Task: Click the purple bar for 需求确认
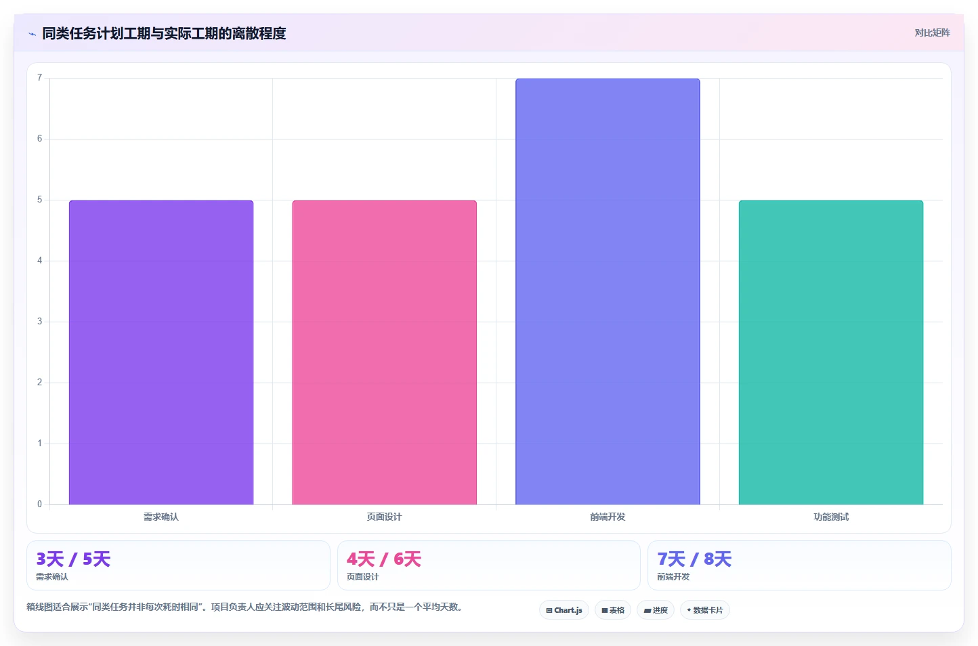click(x=161, y=353)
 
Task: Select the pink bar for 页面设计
click(x=384, y=353)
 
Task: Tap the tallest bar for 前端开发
click(x=608, y=292)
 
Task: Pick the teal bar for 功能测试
click(x=831, y=353)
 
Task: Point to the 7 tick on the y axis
click(x=40, y=78)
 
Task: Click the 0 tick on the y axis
click(x=40, y=504)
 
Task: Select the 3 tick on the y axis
click(x=40, y=321)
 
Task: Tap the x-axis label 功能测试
click(x=831, y=517)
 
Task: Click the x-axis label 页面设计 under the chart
click(x=384, y=517)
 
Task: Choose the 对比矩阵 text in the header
click(x=932, y=33)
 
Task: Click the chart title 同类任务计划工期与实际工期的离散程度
click(x=164, y=33)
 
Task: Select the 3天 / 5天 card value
click(x=73, y=559)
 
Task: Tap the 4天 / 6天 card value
click(x=384, y=559)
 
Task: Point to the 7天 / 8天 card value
click(x=694, y=559)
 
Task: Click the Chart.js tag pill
click(x=564, y=610)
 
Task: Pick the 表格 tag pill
click(x=613, y=610)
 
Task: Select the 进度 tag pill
click(x=656, y=610)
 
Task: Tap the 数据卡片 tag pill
click(x=705, y=610)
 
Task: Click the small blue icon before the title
click(x=32, y=34)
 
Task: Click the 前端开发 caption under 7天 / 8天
click(x=673, y=577)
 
